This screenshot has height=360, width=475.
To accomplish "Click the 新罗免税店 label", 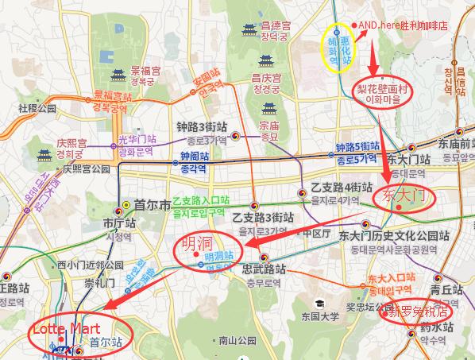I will coord(416,311).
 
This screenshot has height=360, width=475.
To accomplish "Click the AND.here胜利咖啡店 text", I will coord(403,25).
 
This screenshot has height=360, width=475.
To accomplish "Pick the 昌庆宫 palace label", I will coord(268,78).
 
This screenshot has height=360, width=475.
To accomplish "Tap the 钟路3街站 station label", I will coord(203,126).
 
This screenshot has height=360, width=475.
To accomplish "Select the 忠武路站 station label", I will coord(263,270).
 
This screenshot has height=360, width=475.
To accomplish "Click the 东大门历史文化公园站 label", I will coord(394,236).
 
